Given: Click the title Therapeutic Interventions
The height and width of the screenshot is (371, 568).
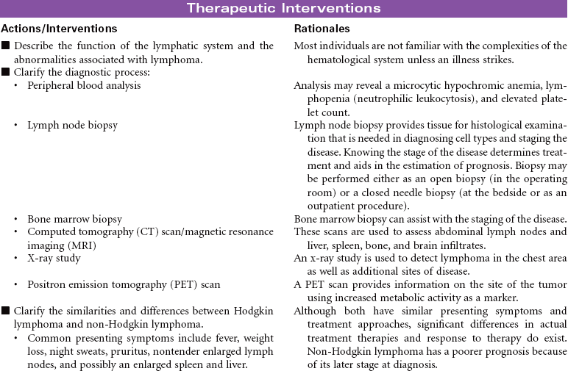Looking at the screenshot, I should [283, 9].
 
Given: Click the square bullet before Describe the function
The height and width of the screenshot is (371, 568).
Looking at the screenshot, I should [5, 46].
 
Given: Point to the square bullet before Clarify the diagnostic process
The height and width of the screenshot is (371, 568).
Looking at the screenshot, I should [5, 72].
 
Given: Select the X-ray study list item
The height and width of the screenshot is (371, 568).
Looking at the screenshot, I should [54, 258].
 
